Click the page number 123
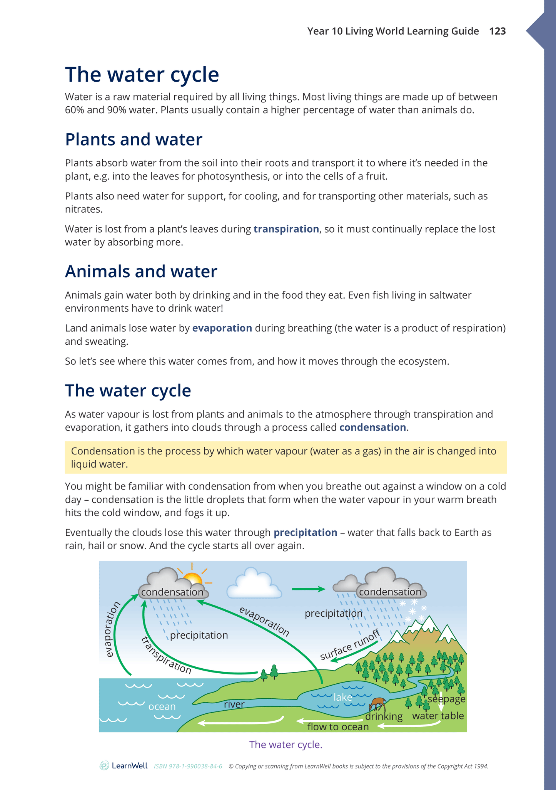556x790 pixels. point(497,31)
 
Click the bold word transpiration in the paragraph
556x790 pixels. point(286,229)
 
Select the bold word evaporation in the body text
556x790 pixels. point(222,328)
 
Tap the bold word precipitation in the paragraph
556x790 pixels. point(305,533)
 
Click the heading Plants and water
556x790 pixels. point(134,139)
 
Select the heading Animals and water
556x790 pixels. point(141,272)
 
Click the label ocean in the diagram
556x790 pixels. point(162,706)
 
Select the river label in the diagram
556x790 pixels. point(234,704)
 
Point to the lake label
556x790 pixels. point(342,697)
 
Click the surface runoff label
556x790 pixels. point(350,645)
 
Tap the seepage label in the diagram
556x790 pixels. point(446,699)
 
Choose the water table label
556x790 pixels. point(438,716)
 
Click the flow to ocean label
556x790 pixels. point(338,726)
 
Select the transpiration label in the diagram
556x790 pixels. point(166,655)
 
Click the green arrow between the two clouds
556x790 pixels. point(308,589)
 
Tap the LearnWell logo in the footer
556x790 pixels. point(124,766)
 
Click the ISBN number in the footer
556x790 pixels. point(188,766)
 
